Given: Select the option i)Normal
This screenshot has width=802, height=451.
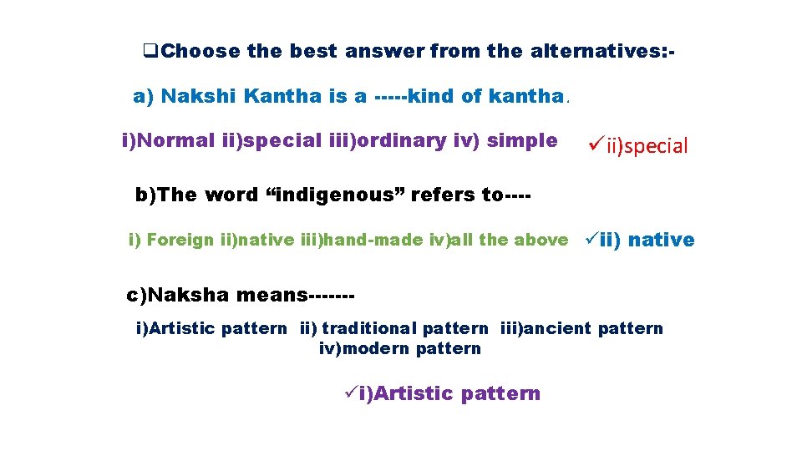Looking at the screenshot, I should pyautogui.click(x=170, y=140).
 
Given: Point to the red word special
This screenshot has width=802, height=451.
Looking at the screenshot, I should pyautogui.click(x=657, y=147).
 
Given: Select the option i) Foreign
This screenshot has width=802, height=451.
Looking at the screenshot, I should pyautogui.click(x=172, y=241).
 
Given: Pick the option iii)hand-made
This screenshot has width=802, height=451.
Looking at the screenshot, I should pyautogui.click(x=350, y=241).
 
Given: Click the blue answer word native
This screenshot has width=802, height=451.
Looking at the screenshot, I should pyautogui.click(x=661, y=241).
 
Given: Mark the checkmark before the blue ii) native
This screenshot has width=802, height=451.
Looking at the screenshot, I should pyautogui.click(x=590, y=240).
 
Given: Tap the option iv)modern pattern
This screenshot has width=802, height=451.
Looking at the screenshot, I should pyautogui.click(x=400, y=348).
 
